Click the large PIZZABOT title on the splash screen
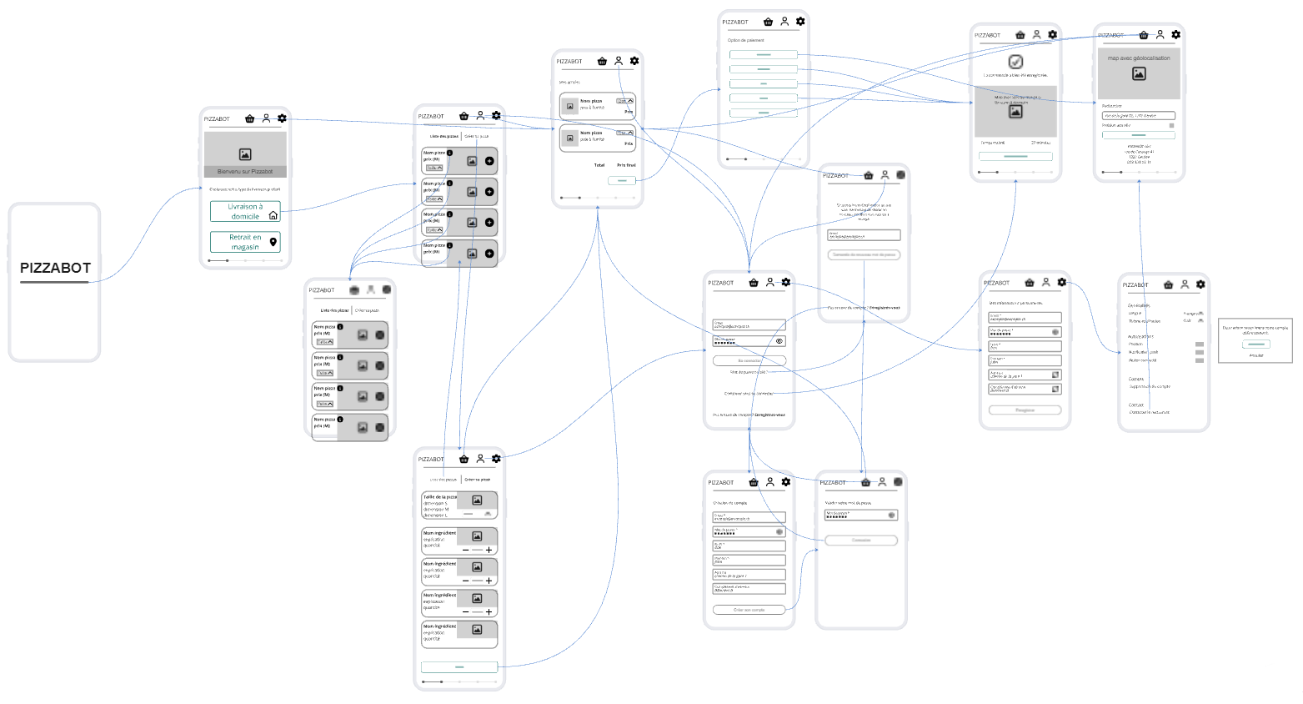55,268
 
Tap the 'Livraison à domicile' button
245,211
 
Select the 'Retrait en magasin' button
245,242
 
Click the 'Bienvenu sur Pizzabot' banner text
245,172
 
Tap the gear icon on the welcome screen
282,118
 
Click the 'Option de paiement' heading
745,40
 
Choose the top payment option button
764,55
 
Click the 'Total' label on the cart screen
599,165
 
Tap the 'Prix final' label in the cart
626,165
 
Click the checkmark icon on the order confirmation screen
1015,62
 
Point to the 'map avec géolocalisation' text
1139,58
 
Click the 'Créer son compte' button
749,610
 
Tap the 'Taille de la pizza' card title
439,497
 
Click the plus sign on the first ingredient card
489,550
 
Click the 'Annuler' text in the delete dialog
1256,355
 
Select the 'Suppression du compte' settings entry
1150,386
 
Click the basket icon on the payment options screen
768,22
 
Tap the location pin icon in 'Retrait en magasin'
273,242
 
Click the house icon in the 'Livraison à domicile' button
273,215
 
